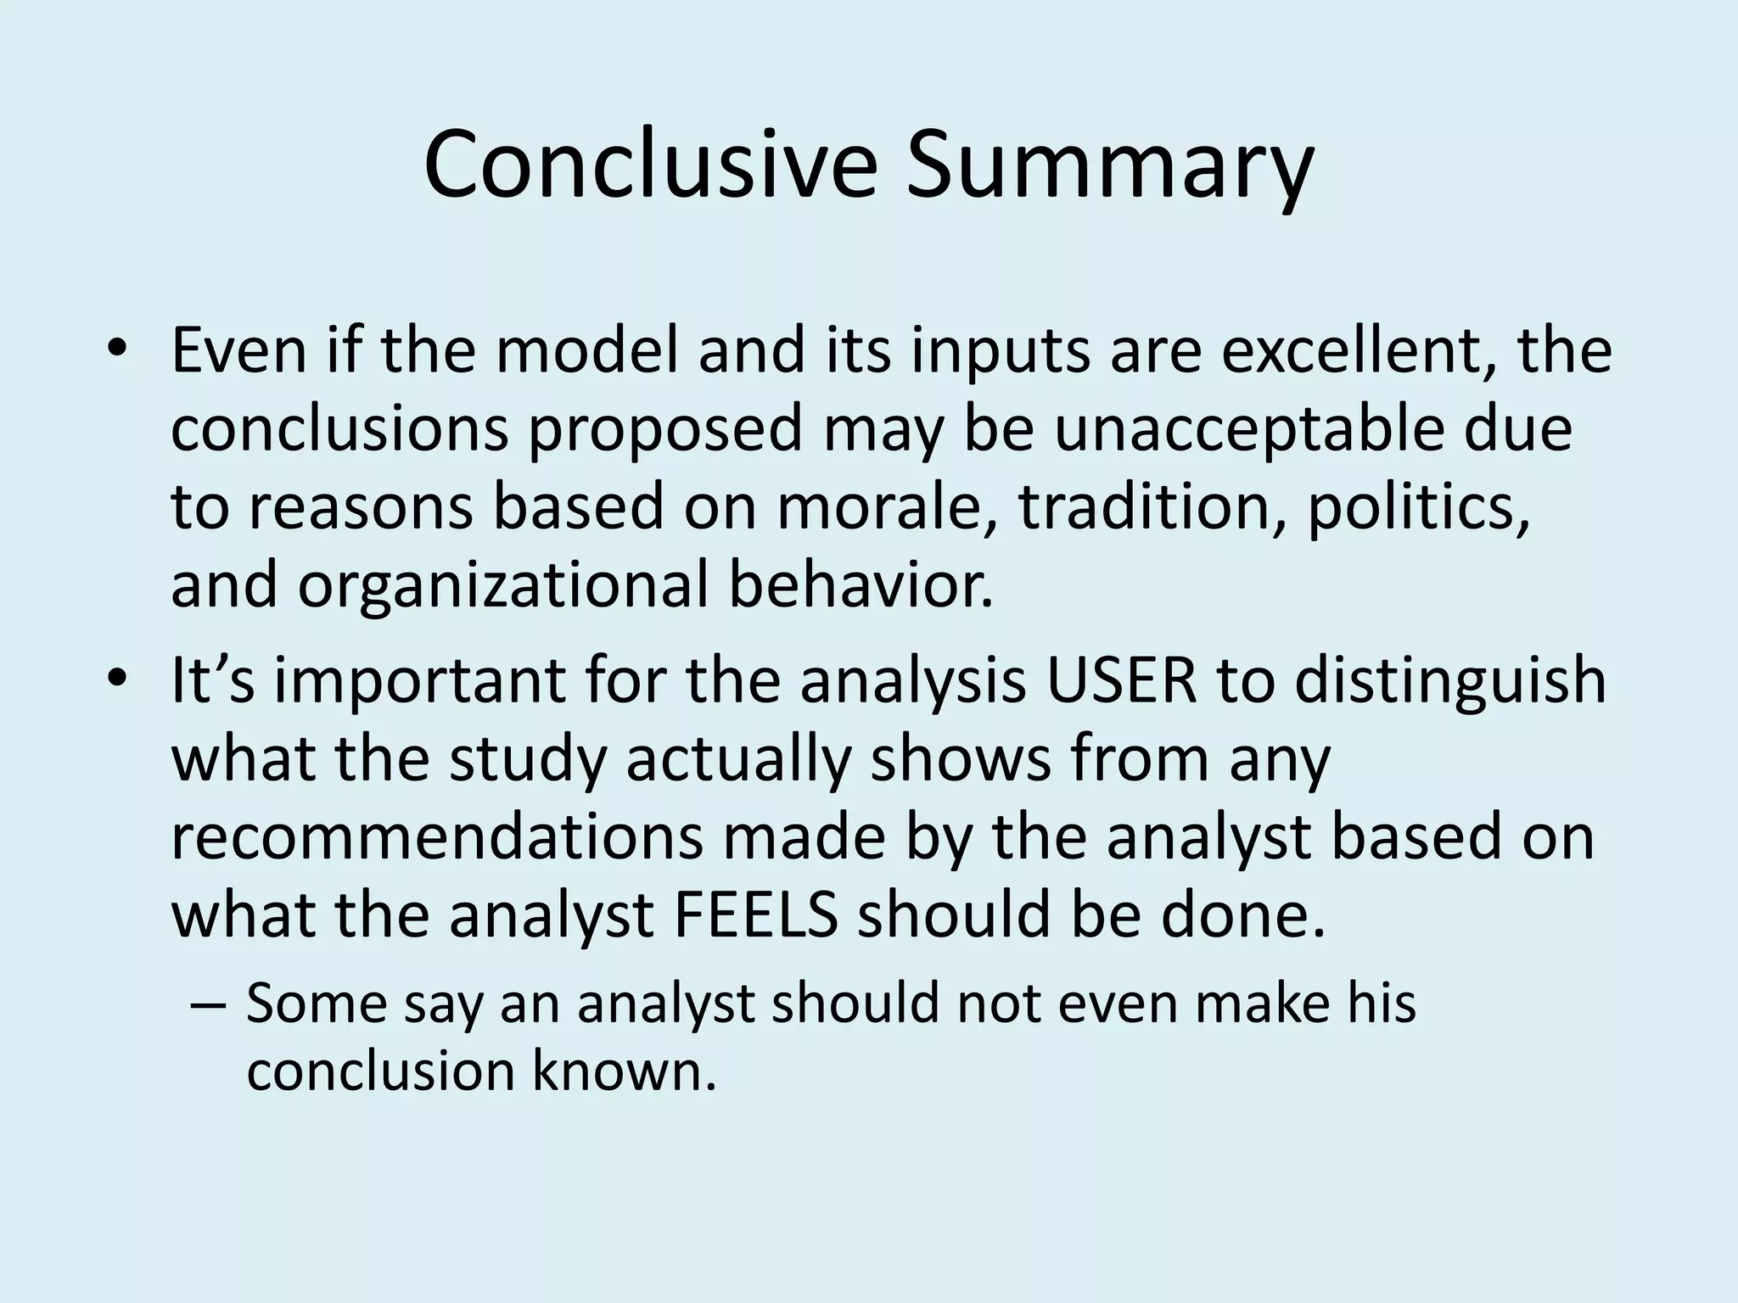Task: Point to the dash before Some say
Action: (209, 1004)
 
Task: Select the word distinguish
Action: (1450, 680)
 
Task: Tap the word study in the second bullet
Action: (527, 758)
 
